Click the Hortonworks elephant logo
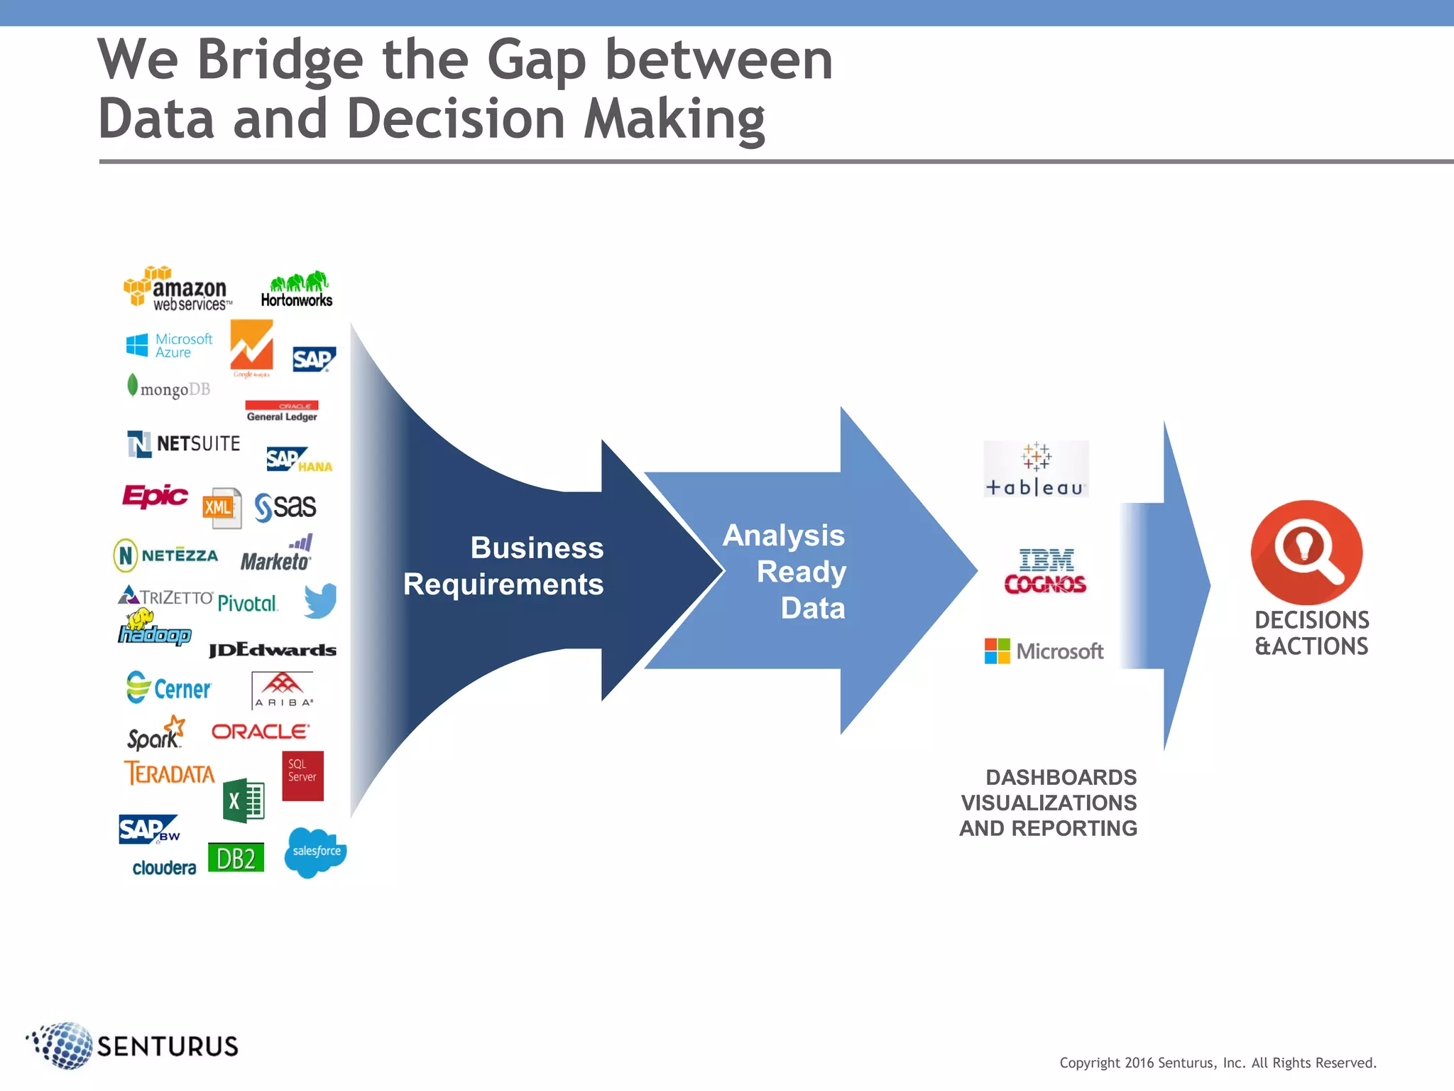(x=297, y=289)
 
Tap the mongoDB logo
(x=169, y=388)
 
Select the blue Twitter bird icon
(x=320, y=601)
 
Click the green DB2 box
(x=236, y=858)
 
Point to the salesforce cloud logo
(x=315, y=852)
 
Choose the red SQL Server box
(x=302, y=776)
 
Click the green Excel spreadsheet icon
(x=244, y=800)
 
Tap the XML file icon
(x=222, y=507)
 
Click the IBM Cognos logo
(x=1045, y=572)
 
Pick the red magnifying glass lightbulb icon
(x=1306, y=552)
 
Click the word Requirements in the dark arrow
(x=503, y=585)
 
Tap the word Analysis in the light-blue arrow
(x=783, y=536)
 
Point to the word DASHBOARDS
(x=1061, y=777)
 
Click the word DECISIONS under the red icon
(x=1311, y=620)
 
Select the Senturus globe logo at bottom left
(x=62, y=1045)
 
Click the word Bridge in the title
(x=280, y=60)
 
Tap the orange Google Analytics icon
(x=251, y=347)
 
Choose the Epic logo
(x=155, y=495)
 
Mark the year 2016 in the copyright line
(x=1139, y=1063)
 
